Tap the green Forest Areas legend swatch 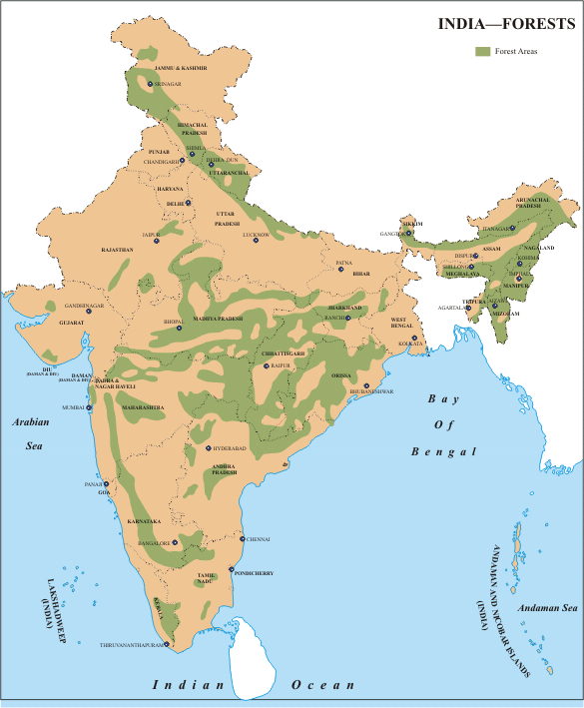click(x=482, y=50)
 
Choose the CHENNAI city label click(x=259, y=538)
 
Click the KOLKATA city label click(x=412, y=344)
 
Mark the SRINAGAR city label click(x=169, y=85)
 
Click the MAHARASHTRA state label click(x=144, y=407)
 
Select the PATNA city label click(x=344, y=263)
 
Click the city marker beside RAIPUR click(x=264, y=365)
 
